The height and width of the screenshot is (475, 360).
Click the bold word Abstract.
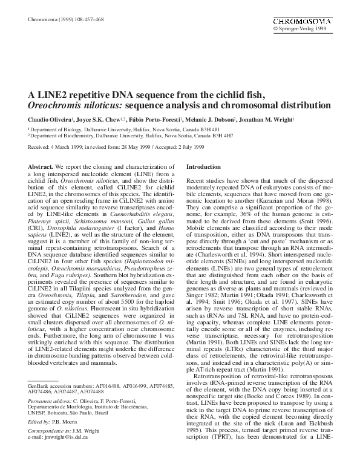[x=41, y=166]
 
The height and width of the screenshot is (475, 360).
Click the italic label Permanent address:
[x=49, y=418]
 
